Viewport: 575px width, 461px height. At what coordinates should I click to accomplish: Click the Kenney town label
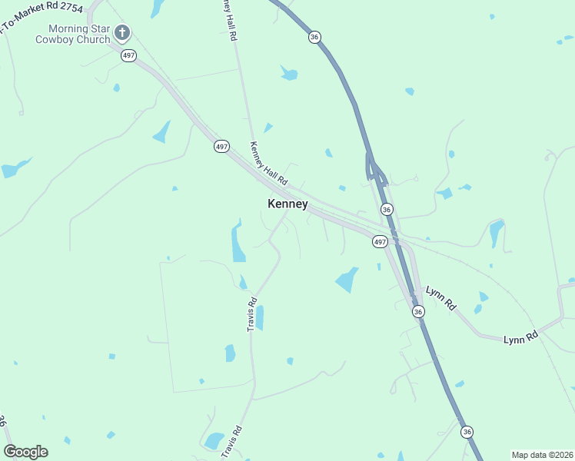(x=287, y=204)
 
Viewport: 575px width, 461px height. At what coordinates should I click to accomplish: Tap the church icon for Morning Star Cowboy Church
(x=122, y=32)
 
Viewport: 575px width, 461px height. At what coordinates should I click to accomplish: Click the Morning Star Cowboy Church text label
(x=73, y=34)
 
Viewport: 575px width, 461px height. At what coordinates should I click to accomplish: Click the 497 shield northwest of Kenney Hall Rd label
(x=221, y=146)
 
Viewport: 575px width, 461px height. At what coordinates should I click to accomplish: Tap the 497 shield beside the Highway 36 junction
(x=379, y=241)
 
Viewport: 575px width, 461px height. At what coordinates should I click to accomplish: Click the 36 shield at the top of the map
(x=314, y=37)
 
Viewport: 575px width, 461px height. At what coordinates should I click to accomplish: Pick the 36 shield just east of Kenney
(x=387, y=209)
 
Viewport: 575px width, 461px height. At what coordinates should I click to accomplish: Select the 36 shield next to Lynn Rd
(x=417, y=311)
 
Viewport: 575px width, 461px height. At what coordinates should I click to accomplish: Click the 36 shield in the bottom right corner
(x=467, y=433)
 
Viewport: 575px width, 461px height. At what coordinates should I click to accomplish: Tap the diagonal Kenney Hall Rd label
(x=268, y=164)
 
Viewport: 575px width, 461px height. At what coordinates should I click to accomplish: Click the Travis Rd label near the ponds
(x=251, y=315)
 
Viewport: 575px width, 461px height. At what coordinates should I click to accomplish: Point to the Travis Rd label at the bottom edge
(x=231, y=443)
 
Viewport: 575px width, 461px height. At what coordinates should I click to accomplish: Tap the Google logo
(x=25, y=452)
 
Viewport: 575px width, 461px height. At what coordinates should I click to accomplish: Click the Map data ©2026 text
(x=542, y=454)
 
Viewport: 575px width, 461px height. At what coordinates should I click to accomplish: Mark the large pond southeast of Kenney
(x=347, y=280)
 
